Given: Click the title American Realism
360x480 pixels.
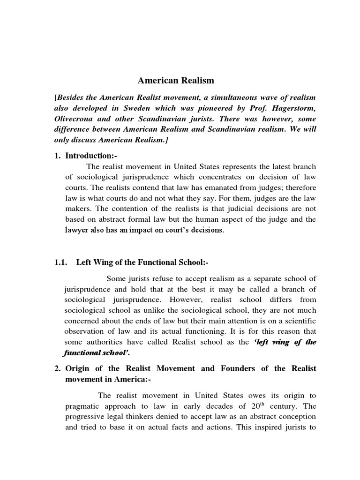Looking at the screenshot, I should (175, 81).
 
